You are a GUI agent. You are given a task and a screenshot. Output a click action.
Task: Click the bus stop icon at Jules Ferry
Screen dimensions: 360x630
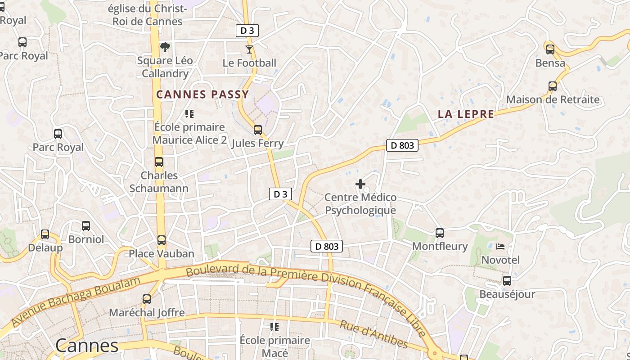[257, 130]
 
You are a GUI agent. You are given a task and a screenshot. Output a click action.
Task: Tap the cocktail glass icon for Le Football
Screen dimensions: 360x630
[249, 49]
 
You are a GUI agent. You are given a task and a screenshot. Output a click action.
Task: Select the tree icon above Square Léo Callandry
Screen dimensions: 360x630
[165, 47]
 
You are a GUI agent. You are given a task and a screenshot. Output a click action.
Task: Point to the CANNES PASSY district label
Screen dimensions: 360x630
[202, 94]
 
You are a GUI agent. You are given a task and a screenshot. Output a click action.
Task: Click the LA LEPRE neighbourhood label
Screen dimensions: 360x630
[466, 114]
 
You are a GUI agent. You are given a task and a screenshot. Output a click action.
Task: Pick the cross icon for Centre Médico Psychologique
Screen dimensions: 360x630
[360, 184]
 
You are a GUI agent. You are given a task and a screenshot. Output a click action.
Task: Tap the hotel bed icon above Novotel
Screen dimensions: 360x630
[500, 247]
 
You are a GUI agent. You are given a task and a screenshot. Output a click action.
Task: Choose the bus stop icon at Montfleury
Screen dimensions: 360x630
[440, 233]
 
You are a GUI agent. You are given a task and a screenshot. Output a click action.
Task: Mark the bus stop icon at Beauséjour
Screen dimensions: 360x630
[507, 281]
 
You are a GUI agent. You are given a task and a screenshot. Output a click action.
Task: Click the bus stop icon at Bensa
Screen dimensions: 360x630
[550, 49]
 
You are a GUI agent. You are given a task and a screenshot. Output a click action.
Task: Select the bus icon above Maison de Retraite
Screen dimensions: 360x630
[553, 86]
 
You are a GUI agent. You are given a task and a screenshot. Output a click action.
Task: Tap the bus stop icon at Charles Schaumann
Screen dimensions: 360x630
[159, 162]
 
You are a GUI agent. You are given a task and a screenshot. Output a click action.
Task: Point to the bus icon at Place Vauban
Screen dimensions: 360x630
[162, 240]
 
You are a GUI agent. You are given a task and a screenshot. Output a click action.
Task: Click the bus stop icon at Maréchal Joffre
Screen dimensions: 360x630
[147, 299]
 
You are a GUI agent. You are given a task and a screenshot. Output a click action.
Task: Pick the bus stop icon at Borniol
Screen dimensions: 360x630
[86, 226]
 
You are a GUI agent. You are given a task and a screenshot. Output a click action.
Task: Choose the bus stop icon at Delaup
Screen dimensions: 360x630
[45, 234]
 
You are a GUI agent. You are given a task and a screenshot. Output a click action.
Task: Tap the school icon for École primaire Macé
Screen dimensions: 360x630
[274, 327]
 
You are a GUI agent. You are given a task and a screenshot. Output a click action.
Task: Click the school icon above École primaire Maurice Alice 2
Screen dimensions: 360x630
[189, 114]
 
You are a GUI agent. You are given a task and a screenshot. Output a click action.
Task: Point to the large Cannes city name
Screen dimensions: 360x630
[87, 346]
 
